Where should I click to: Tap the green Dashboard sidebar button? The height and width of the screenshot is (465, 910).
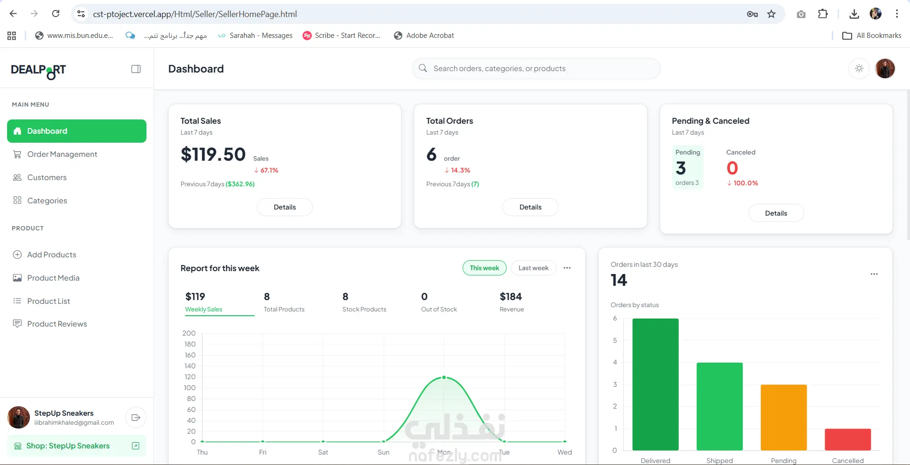77,131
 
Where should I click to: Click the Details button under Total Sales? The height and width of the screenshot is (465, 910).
284,207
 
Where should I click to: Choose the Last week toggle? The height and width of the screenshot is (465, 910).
533,268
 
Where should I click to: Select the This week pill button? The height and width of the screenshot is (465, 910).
484,268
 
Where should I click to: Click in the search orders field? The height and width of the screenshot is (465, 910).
536,68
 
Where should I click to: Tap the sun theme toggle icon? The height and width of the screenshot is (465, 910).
859,68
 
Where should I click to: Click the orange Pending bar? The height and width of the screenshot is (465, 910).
783,417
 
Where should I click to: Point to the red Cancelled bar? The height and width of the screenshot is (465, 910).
847,439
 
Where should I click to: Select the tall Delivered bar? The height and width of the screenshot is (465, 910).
655,384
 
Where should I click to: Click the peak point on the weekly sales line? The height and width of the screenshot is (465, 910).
444,377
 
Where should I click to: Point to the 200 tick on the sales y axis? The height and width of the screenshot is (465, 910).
189,333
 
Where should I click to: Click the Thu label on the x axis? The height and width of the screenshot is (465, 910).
202,452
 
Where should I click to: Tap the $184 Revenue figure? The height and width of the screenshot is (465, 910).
510,297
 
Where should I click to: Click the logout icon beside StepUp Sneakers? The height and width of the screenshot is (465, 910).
136,418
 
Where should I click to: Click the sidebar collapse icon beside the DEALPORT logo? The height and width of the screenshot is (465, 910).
136,69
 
